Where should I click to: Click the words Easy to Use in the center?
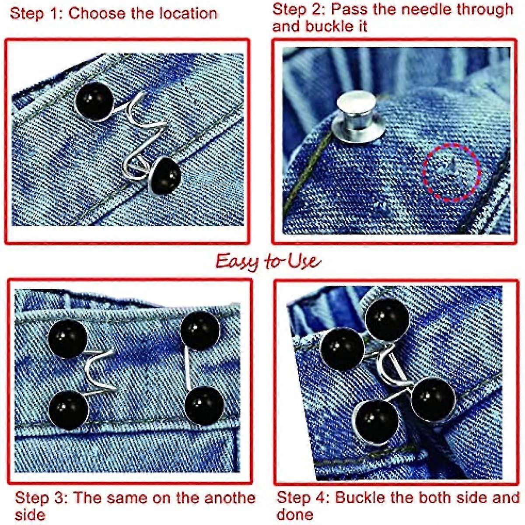268,261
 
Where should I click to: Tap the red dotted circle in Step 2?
451,172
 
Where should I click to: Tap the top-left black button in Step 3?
67,339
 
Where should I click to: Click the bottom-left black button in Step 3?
68,409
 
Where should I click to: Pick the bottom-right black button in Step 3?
204,406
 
